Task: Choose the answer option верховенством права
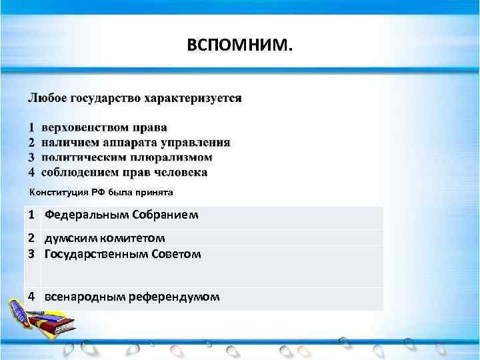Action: [x=104, y=127]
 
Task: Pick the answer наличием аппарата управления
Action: [x=135, y=142]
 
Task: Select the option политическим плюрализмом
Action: [x=127, y=157]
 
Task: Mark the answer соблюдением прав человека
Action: [x=124, y=173]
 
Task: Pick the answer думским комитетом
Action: [x=105, y=238]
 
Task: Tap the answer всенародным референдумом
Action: [x=131, y=296]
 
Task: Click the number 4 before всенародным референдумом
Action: [x=32, y=296]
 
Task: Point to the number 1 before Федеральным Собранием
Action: [x=32, y=216]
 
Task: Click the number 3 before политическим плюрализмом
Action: [x=31, y=157]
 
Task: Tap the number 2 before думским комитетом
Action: [x=32, y=238]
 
